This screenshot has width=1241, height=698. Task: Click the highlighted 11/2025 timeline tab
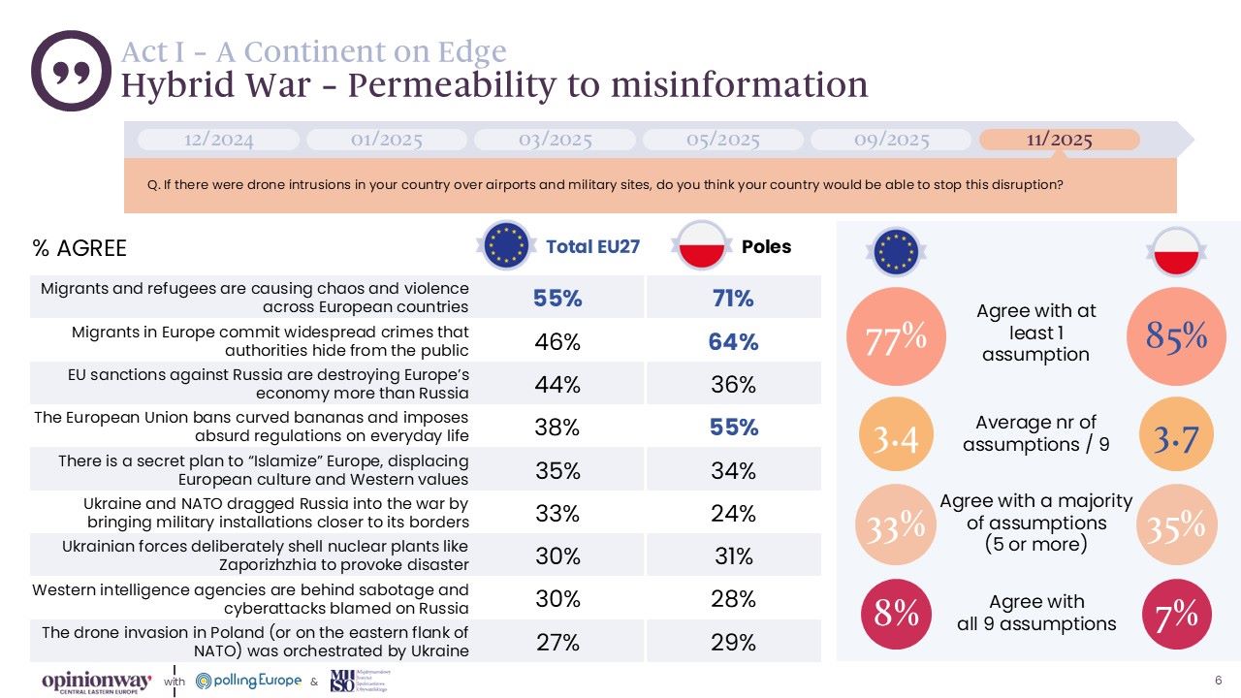[x=1059, y=140]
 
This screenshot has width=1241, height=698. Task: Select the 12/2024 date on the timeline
[x=218, y=140]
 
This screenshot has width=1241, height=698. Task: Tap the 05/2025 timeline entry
[x=722, y=140]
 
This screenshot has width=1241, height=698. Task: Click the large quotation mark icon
[x=71, y=71]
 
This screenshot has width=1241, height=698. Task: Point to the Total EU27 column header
[x=592, y=246]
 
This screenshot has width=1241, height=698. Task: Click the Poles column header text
[x=766, y=246]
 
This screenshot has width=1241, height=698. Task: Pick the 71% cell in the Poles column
[x=733, y=299]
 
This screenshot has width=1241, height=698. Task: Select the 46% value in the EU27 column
[x=557, y=341]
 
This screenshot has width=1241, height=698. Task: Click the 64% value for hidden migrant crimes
[x=733, y=341]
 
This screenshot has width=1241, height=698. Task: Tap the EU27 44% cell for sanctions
[x=557, y=385]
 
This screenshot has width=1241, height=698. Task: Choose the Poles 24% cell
[x=733, y=514]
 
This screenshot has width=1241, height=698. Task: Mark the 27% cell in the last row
[x=557, y=643]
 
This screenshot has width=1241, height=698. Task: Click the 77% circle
[x=887, y=337]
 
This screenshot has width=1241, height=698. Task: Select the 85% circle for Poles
[x=1176, y=336]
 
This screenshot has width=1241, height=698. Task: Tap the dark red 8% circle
[x=896, y=613]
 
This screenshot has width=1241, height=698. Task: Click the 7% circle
[x=1177, y=613]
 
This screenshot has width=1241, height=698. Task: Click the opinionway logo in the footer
[x=96, y=682]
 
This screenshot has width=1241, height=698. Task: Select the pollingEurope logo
[x=248, y=681]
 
